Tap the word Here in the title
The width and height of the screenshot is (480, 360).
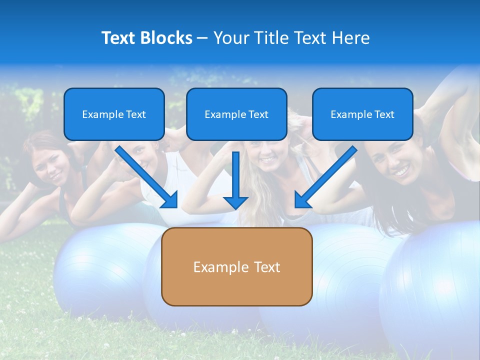[350, 38]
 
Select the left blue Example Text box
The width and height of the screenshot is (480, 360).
[114, 114]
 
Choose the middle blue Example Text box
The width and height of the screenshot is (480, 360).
[236, 114]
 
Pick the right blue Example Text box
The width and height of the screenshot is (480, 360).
[362, 114]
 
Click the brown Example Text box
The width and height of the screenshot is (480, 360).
[236, 266]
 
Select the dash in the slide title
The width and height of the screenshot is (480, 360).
[202, 38]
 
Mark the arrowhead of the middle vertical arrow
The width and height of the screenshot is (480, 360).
[235, 202]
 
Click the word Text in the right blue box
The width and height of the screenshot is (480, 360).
[384, 114]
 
